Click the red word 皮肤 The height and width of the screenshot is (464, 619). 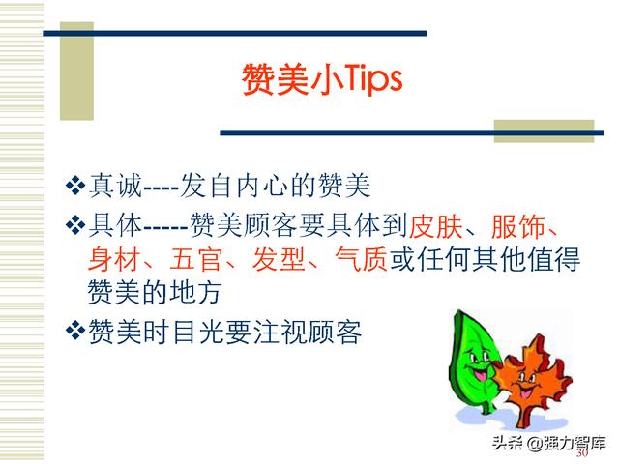point(435,226)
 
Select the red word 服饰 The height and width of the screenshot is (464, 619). point(517,226)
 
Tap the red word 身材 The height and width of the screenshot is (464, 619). point(114,259)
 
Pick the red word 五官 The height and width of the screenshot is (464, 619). point(195,259)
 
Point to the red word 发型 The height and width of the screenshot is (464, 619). point(279,259)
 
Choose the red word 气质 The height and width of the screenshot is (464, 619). point(361,259)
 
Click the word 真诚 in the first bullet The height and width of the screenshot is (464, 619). point(115,185)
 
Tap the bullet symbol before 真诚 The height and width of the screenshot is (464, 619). point(75,185)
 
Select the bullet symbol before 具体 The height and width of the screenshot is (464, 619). point(75,226)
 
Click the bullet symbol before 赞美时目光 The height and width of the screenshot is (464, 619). point(75,330)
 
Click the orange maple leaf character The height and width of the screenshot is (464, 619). point(529,381)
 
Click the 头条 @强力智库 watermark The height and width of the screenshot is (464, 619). point(548,443)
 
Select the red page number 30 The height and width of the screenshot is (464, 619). point(582,453)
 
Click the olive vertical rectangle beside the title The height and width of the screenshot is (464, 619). point(76,71)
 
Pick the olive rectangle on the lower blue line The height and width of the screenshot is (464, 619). point(544,131)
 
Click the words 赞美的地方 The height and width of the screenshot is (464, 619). point(154,292)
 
